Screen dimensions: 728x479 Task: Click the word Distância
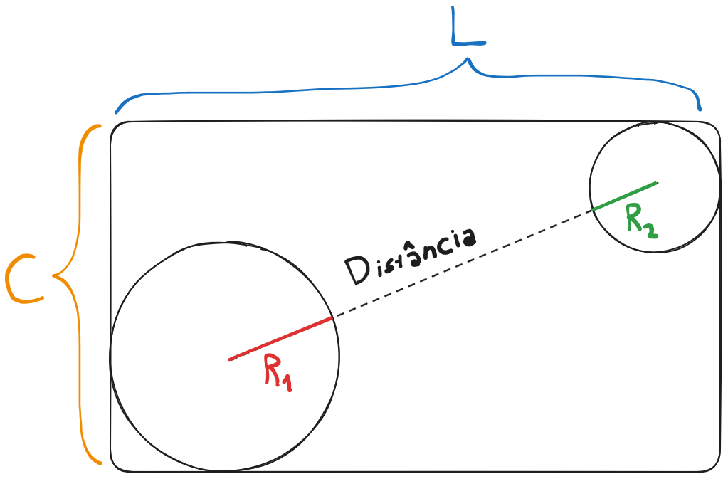coord(411,256)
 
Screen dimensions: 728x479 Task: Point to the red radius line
coord(280,338)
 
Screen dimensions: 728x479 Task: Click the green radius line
coord(625,196)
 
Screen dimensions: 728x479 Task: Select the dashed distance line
coord(463,264)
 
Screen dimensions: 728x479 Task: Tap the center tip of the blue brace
coord(468,59)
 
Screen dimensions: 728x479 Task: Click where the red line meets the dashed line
coord(333,317)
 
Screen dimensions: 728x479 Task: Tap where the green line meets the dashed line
coord(592,210)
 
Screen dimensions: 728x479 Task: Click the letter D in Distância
coord(356,271)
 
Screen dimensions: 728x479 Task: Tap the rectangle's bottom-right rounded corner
coord(715,466)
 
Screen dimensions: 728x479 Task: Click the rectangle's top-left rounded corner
coord(115,127)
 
